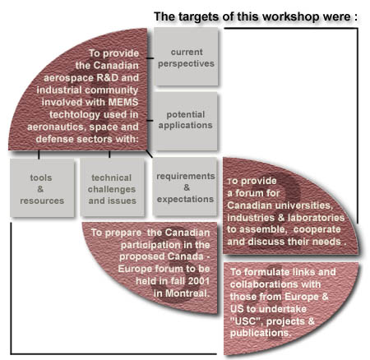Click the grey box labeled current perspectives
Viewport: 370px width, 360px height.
(x=186, y=57)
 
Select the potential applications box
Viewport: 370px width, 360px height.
(x=186, y=121)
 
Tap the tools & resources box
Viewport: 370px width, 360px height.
(x=42, y=188)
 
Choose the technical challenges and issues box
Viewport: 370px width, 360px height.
(x=112, y=188)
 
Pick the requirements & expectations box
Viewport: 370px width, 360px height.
(x=185, y=187)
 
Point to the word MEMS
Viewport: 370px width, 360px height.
(x=123, y=103)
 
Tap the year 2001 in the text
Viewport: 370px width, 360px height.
(x=199, y=281)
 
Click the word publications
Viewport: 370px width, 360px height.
(x=260, y=333)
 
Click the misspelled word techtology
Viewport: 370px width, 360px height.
(x=75, y=115)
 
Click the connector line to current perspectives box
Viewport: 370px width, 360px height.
(x=150, y=58)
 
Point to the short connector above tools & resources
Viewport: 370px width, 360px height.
(x=39, y=155)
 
